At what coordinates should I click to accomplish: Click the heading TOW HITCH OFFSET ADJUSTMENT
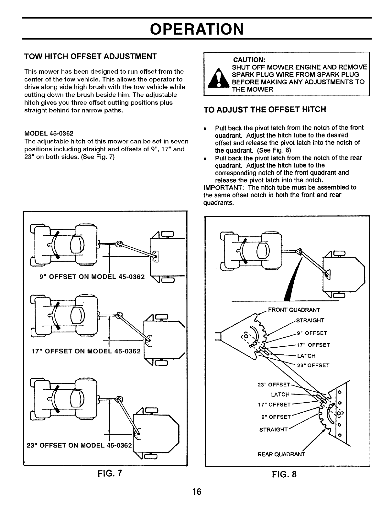pos(91,56)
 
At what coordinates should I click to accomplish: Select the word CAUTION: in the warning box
pos(249,60)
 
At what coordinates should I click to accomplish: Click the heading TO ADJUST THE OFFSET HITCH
pos(264,110)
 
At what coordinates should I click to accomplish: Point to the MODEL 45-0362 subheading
pos(49,133)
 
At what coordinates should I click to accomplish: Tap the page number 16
pos(196,492)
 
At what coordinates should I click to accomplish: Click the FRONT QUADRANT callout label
pos(294,310)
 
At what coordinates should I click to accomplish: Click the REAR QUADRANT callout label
pos(281,454)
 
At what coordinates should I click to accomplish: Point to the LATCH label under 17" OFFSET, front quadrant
pos(306,356)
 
